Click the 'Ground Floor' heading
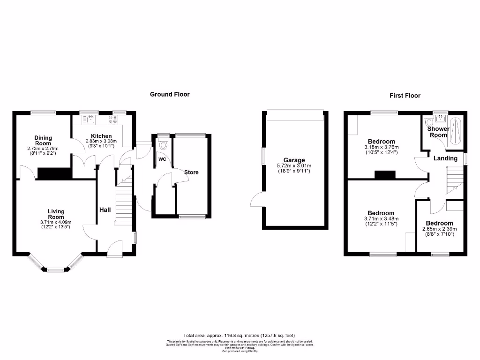click(170, 94)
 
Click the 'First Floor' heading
click(405, 96)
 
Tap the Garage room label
click(294, 160)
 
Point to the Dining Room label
click(43, 141)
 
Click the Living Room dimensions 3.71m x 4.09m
click(56, 222)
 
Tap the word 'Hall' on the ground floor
click(105, 210)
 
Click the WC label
click(162, 159)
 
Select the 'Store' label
click(191, 172)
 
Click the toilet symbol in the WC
click(163, 142)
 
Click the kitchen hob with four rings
click(113, 120)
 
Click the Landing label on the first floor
click(445, 158)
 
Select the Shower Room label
click(439, 132)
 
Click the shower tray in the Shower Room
click(457, 131)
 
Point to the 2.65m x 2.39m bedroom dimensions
click(440, 229)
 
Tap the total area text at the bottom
click(240, 336)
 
